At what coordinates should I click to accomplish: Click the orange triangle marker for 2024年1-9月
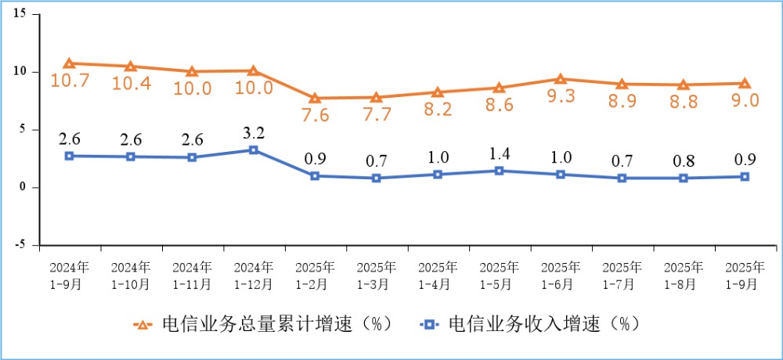pyautogui.click(x=70, y=63)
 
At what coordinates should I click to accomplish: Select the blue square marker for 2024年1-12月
pyautogui.click(x=254, y=149)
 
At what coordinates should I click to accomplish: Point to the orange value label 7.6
pyautogui.click(x=315, y=115)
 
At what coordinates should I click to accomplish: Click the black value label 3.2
pyautogui.click(x=254, y=133)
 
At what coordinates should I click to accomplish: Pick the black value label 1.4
pyautogui.click(x=499, y=154)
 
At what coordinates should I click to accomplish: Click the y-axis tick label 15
pyautogui.click(x=20, y=13)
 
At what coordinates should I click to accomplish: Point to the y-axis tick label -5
pyautogui.click(x=20, y=245)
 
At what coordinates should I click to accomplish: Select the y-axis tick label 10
pyautogui.click(x=20, y=71)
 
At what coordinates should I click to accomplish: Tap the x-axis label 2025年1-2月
pyautogui.click(x=315, y=275)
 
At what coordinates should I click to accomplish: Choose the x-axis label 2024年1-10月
pyautogui.click(x=131, y=275)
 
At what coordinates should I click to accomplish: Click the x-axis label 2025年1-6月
pyautogui.click(x=561, y=275)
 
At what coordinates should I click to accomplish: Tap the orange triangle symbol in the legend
pyautogui.click(x=143, y=325)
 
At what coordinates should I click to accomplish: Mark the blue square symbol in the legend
pyautogui.click(x=429, y=325)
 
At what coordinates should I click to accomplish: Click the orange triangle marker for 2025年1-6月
pyautogui.click(x=561, y=79)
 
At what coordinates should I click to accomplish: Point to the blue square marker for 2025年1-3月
pyautogui.click(x=377, y=178)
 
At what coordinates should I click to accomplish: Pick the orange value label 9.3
pyautogui.click(x=561, y=95)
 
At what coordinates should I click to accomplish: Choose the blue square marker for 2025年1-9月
pyautogui.click(x=745, y=176)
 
